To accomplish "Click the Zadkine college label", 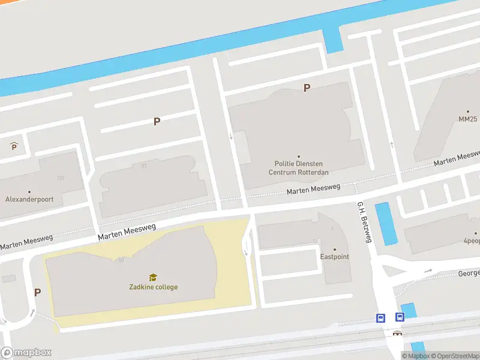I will coord(153,287).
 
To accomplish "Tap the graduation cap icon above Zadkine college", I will coord(153,277).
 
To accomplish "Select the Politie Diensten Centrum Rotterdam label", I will coord(298,167).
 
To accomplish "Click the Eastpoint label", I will coord(334,257).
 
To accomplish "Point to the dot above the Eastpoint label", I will coord(334,249).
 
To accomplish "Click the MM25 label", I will coord(467,119).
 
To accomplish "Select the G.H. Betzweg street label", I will coord(365,222).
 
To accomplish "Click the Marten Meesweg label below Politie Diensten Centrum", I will coord(313,190).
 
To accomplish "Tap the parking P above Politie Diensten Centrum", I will coord(307,88).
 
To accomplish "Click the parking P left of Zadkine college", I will coord(37,293).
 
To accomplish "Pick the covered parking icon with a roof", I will coord(14,146).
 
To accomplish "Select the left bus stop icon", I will coord(380,318).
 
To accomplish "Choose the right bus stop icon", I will coord(400,317).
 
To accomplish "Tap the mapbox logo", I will coord(26,353).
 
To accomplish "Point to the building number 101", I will coord(60,178).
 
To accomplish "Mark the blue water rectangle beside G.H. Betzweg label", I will coord(386,223).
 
